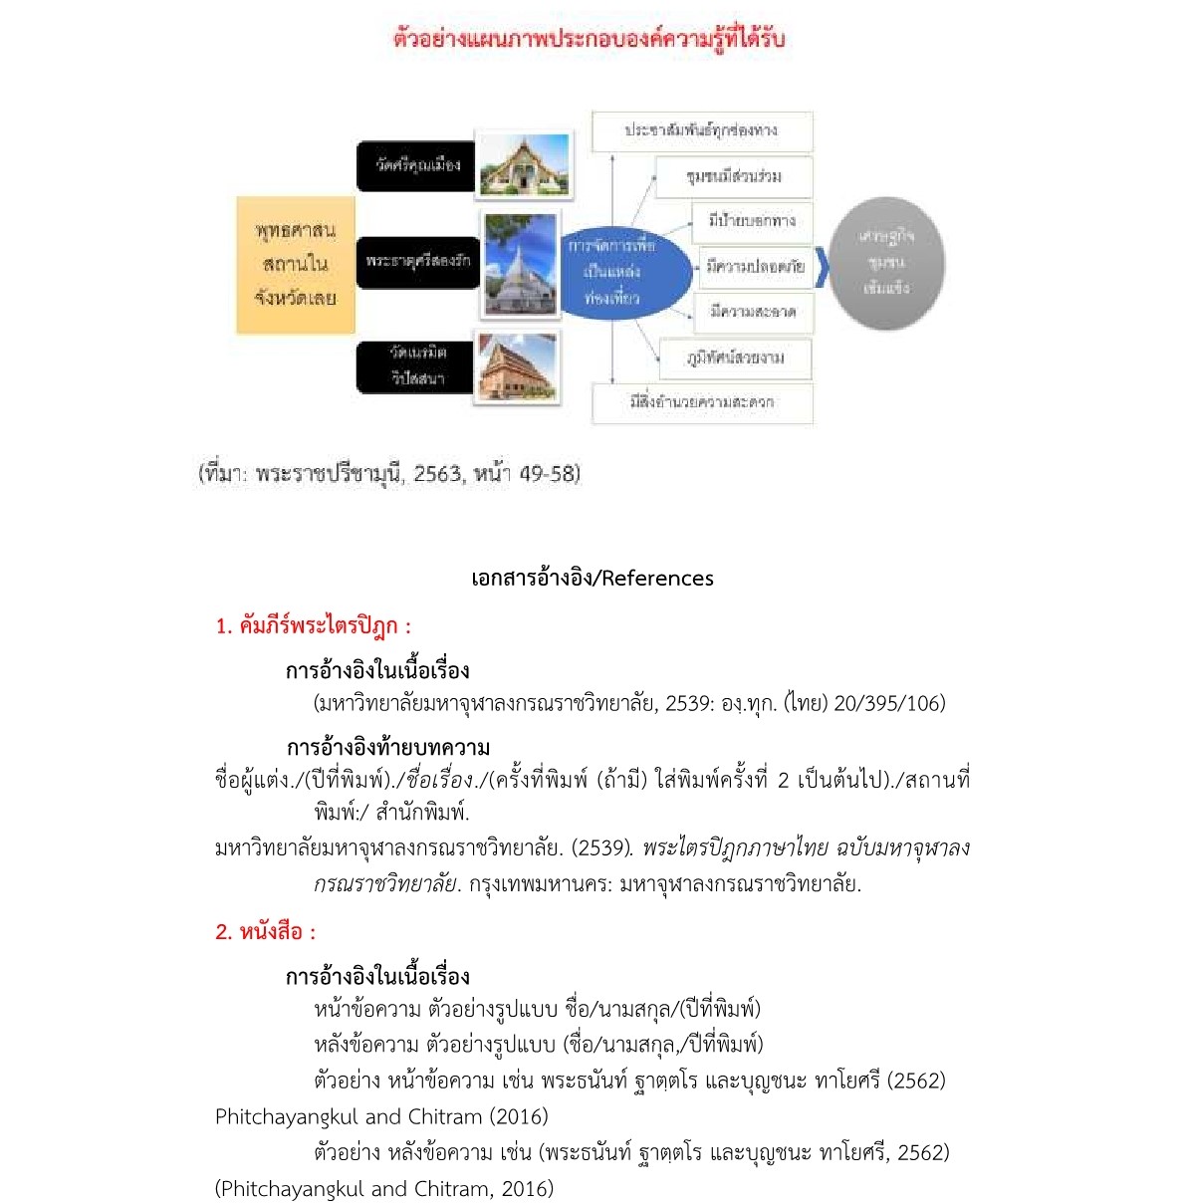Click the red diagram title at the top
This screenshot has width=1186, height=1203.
click(590, 39)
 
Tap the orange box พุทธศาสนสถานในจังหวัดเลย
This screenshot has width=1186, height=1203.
click(296, 264)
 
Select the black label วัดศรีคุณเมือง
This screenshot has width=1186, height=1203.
click(416, 165)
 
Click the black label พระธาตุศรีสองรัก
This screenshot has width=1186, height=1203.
click(416, 261)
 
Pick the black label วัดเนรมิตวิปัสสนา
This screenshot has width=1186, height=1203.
click(416, 365)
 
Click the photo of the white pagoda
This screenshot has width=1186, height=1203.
click(520, 264)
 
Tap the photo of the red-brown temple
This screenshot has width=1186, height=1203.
click(517, 366)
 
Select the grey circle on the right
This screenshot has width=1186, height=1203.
click(886, 263)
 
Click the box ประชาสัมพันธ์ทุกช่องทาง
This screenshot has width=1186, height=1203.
click(702, 130)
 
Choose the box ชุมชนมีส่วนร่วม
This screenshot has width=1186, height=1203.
click(735, 176)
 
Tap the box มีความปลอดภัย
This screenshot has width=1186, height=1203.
click(756, 266)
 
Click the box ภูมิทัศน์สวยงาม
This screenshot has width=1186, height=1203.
click(735, 358)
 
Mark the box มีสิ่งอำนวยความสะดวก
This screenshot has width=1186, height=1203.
click(702, 402)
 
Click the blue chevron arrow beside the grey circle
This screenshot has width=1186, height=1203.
click(822, 266)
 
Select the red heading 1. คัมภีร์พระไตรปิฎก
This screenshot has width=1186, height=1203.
click(313, 625)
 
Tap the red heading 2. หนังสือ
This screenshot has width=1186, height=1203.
click(265, 931)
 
